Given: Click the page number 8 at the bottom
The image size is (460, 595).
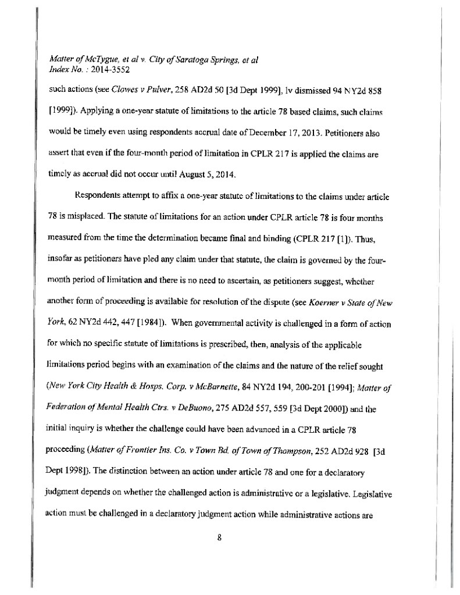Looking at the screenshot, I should [x=220, y=537].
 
